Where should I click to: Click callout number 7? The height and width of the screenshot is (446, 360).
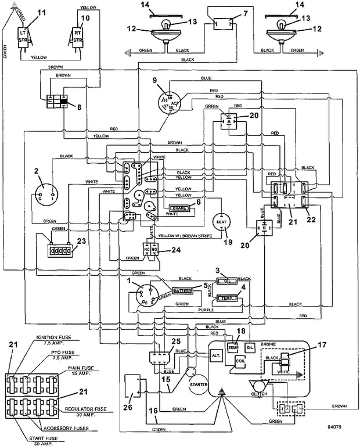coord(229,13)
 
